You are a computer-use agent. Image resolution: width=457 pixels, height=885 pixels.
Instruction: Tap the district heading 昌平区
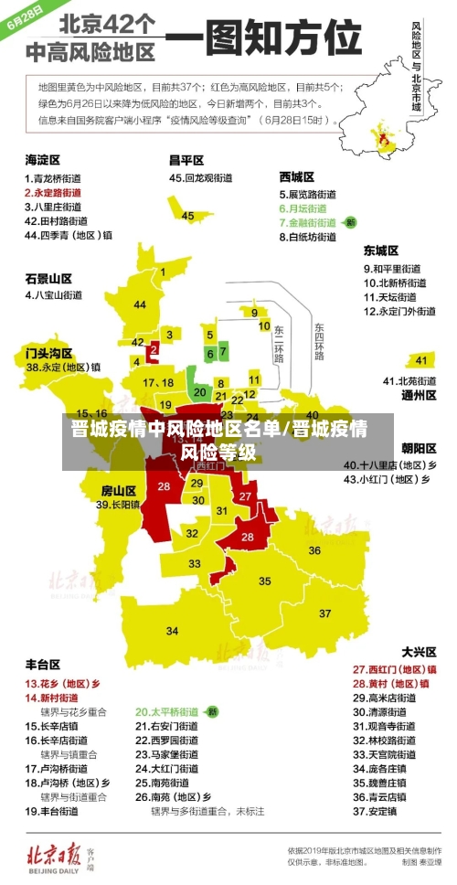tap(186, 160)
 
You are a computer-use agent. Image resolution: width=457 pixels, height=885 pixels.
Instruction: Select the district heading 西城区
tap(297, 176)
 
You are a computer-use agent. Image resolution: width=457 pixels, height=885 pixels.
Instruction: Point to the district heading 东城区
tap(381, 250)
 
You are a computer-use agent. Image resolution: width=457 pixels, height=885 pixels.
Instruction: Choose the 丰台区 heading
tap(43, 664)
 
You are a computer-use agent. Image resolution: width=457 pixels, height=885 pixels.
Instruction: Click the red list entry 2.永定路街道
tap(53, 193)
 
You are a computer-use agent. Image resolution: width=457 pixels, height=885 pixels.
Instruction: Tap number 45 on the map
tap(188, 216)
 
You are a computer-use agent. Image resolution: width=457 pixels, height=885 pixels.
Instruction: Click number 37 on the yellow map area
tap(325, 613)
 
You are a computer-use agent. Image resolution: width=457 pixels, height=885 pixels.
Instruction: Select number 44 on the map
tap(140, 304)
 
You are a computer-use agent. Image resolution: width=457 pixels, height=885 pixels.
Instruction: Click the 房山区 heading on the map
tap(118, 490)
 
